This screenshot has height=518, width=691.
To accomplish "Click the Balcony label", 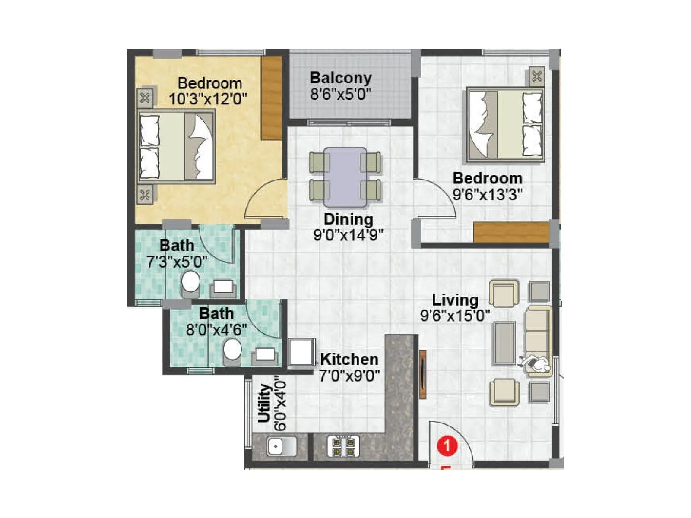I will click(341, 78).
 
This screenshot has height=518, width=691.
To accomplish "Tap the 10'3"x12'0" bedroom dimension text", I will click(208, 99).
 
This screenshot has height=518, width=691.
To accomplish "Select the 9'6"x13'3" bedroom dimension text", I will click(488, 194).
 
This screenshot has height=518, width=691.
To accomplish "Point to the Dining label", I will click(349, 219).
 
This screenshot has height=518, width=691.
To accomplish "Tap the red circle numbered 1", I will click(447, 445).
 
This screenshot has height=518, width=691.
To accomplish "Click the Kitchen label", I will click(349, 359).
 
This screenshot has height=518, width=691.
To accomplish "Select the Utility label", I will click(264, 403).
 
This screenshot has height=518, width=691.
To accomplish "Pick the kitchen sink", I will click(281, 446).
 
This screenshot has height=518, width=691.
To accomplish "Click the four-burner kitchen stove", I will click(343, 446).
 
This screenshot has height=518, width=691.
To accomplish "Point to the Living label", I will click(455, 300).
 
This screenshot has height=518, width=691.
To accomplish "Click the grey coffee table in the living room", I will click(505, 342).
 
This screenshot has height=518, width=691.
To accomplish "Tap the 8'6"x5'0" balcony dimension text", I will click(341, 94).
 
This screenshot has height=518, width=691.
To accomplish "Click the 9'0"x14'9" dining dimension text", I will click(349, 235).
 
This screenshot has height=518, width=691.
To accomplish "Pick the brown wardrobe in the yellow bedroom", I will click(272, 98).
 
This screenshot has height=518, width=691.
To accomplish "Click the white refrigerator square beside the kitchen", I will click(301, 352).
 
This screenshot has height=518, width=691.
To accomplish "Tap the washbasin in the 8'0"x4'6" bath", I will click(265, 355).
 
